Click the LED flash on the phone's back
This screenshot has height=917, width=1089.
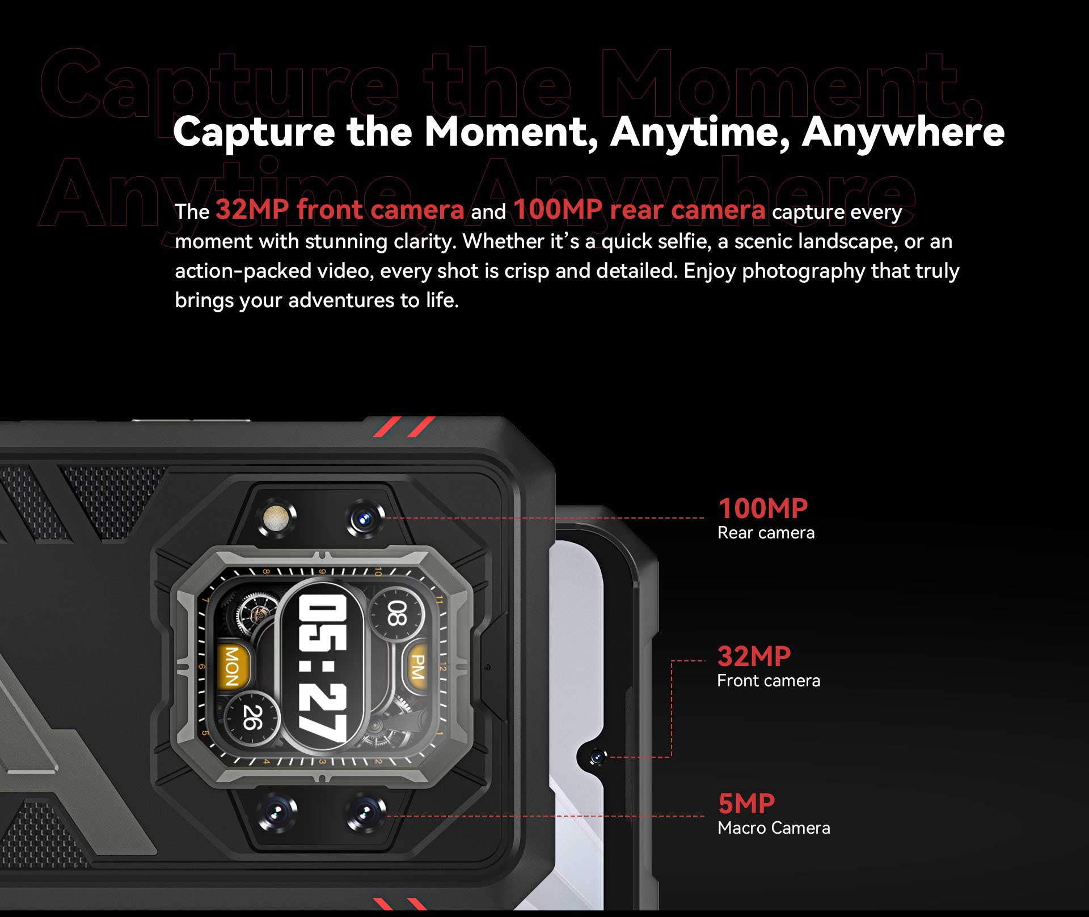[277, 517]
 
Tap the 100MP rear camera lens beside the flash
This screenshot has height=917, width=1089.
[364, 517]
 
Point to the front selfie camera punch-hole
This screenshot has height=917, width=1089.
[597, 757]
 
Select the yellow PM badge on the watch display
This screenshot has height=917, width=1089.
[418, 666]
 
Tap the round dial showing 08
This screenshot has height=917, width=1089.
[397, 614]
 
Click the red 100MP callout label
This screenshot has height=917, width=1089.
[762, 508]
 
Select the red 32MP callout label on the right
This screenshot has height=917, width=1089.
[754, 656]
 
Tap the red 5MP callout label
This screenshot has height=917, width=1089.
[746, 804]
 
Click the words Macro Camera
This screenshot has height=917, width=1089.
[774, 828]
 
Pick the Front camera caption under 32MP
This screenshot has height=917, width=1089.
[769, 681]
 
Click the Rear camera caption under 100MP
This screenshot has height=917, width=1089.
[766, 533]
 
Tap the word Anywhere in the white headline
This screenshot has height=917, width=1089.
[903, 133]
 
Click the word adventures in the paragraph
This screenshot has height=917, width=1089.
[341, 300]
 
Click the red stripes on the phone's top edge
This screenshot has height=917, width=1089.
[404, 426]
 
